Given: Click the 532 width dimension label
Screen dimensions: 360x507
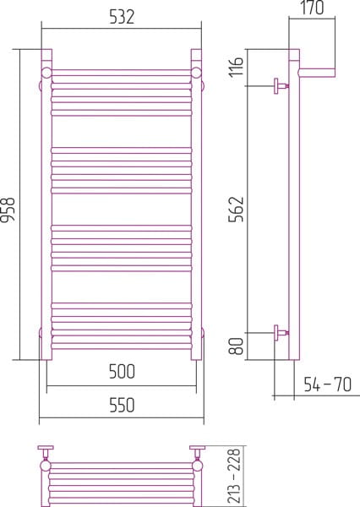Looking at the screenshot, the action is tap(122, 17).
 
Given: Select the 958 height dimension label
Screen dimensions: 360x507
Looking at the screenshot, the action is tap(8, 210).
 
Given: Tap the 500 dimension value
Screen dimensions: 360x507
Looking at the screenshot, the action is tap(122, 372).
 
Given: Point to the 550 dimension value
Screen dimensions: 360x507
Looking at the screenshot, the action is tap(122, 405).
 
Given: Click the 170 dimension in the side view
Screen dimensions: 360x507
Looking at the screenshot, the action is tap(312, 8).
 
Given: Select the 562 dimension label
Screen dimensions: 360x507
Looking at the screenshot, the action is tap(236, 210).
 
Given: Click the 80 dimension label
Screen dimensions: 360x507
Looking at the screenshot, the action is tap(236, 346).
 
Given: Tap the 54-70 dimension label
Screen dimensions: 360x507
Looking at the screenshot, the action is tap(327, 384).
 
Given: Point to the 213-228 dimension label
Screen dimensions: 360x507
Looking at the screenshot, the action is tap(234, 475).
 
